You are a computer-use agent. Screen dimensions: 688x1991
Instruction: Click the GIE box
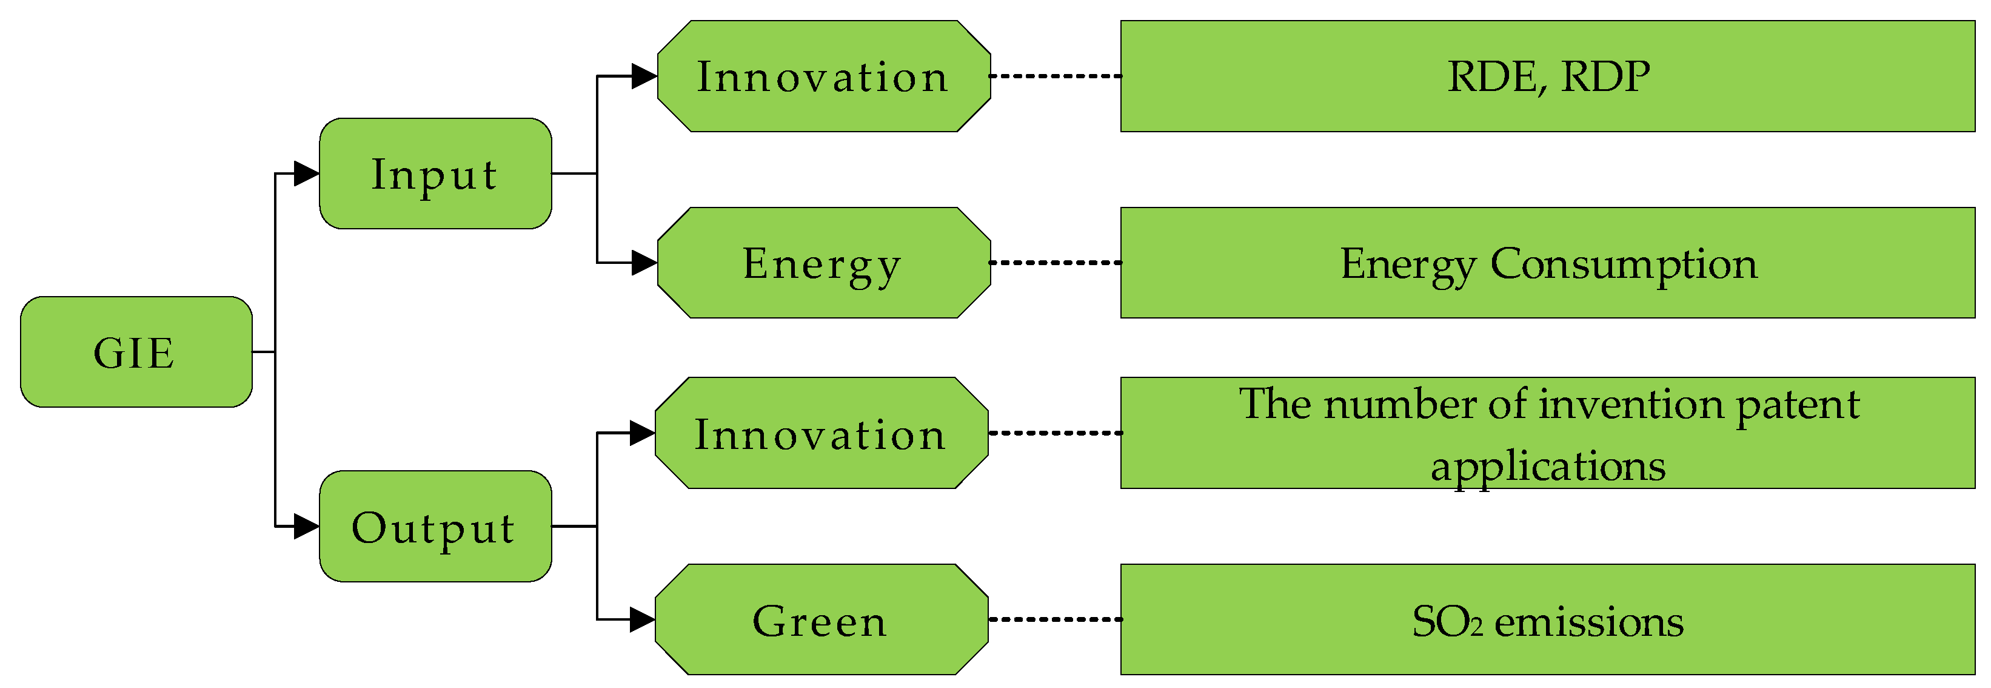click(136, 352)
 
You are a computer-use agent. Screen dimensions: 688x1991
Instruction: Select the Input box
click(435, 174)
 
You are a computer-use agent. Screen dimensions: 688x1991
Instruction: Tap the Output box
click(435, 527)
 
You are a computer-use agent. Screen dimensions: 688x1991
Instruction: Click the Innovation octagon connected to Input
click(823, 76)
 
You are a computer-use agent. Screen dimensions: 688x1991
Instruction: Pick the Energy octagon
click(823, 263)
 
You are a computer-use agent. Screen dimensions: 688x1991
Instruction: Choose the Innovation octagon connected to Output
click(821, 434)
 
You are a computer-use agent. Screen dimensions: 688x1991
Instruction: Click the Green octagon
click(821, 620)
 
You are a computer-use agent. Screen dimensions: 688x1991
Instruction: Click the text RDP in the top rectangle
click(1605, 76)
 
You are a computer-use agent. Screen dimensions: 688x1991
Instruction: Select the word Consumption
click(1623, 265)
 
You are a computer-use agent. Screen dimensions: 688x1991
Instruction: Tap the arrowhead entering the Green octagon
click(641, 620)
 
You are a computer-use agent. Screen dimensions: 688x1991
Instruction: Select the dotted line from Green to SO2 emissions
click(1055, 620)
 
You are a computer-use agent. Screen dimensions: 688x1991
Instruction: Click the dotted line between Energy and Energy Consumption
click(1056, 263)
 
